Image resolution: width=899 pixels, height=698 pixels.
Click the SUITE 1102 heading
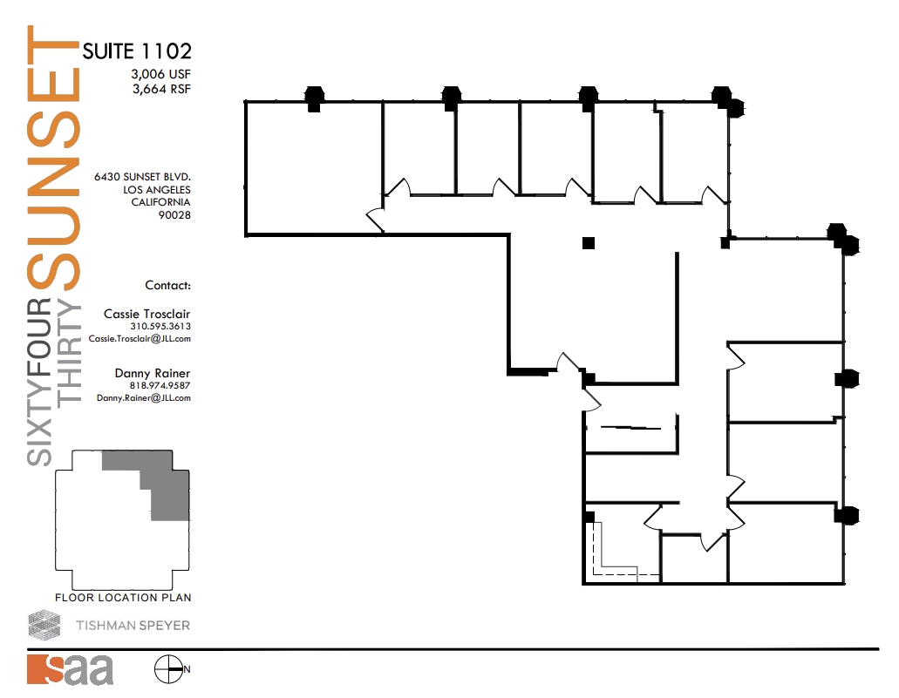pos(137,51)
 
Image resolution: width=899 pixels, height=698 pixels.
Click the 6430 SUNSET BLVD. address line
pos(143,176)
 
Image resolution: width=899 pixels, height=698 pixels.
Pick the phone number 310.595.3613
pos(160,327)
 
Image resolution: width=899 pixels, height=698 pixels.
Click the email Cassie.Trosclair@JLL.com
pos(140,339)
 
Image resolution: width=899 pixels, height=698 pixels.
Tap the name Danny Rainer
pos(153,373)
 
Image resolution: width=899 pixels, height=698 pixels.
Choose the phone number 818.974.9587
pos(160,385)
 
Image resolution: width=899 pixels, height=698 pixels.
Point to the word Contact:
pos(167,285)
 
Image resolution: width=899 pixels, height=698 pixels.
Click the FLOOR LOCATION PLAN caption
pos(123,598)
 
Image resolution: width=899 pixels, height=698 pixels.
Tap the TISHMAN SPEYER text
pos(133,625)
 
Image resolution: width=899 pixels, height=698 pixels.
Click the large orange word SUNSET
pos(54,157)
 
